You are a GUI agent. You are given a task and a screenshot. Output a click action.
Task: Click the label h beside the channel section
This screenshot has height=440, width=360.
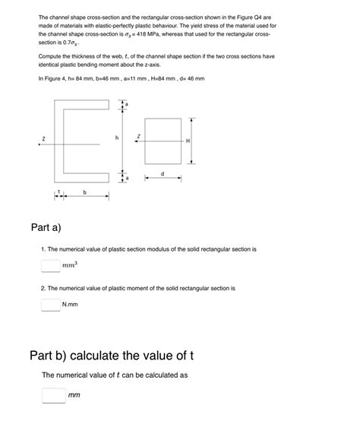point(117,138)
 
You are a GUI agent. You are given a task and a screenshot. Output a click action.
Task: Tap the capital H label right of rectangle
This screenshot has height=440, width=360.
point(187,141)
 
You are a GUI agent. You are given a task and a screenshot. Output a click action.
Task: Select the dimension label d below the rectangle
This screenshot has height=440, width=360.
point(163,174)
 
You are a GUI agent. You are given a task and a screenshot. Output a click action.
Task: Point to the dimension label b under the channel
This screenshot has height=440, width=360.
point(84,192)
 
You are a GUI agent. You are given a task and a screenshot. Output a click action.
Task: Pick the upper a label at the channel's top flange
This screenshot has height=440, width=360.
point(127,103)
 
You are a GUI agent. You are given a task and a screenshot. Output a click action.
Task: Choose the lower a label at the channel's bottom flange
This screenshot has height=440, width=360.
point(127,178)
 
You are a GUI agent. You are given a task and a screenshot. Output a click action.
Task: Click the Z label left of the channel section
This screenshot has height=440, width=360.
point(43,139)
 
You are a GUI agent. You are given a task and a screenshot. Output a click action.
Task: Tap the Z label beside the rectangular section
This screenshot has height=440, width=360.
point(138,137)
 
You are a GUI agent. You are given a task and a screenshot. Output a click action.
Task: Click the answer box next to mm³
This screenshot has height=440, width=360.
point(50,265)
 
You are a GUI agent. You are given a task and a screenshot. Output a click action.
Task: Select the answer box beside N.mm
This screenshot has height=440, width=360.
point(50,305)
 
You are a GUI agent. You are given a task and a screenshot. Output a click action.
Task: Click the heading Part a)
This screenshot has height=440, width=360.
point(46,227)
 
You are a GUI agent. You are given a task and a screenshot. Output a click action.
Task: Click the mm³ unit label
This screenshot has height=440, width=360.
point(70,265)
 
